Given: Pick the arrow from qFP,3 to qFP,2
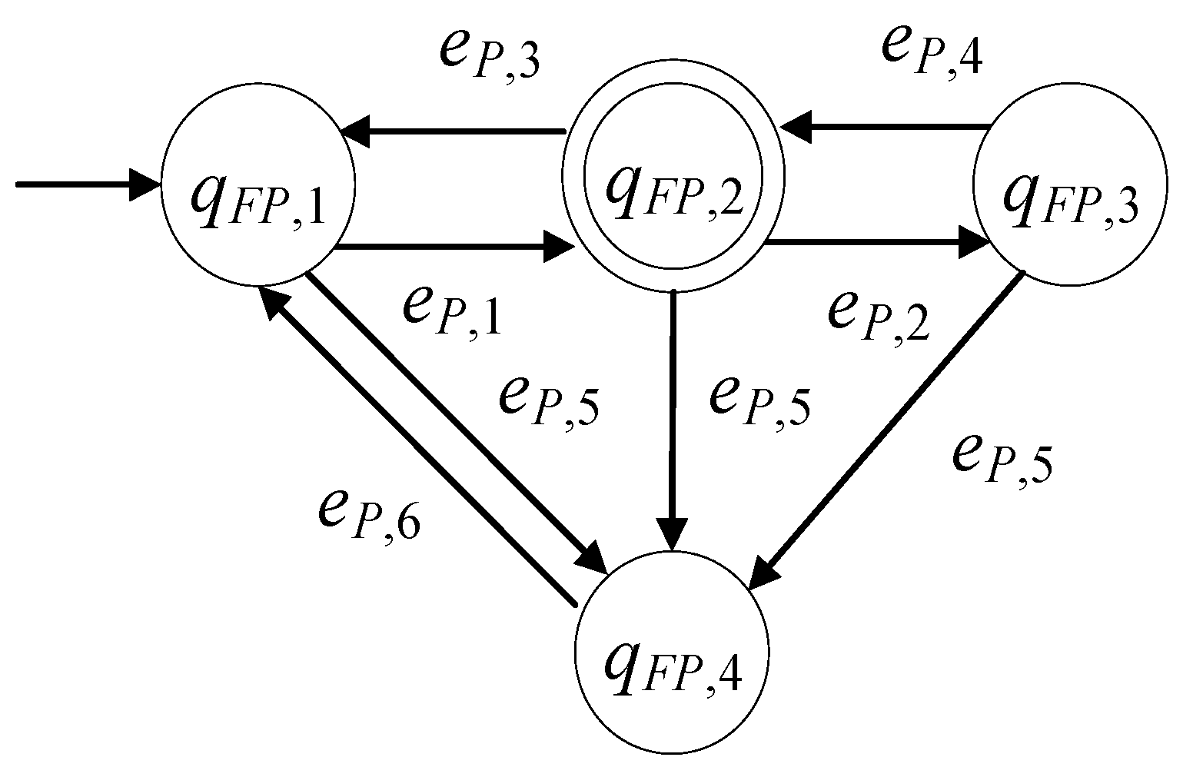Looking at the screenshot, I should (884, 125).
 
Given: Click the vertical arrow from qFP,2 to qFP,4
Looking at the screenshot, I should (673, 415).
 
